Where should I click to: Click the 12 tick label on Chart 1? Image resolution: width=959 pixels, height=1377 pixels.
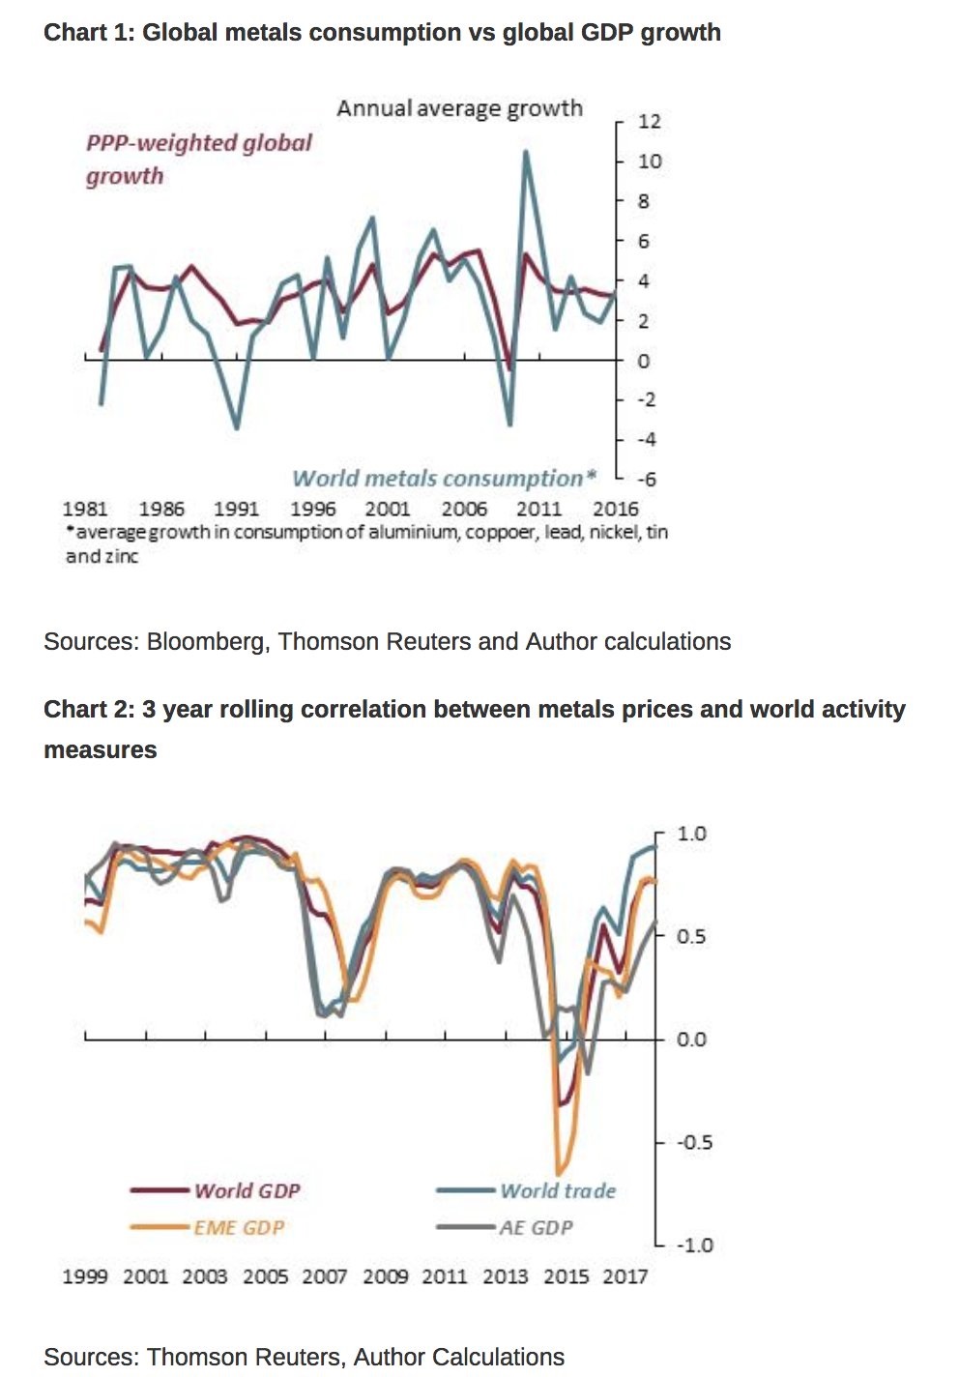point(650,122)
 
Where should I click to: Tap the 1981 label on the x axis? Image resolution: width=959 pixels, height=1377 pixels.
point(85,509)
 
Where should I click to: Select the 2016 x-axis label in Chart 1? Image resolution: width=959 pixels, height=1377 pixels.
point(615,509)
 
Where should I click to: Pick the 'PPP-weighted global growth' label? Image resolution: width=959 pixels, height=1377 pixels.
point(198,159)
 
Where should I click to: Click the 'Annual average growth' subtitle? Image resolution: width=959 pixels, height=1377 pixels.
point(459,108)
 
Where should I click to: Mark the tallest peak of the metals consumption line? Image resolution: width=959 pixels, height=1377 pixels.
point(526,152)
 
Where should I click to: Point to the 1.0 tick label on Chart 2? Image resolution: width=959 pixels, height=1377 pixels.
point(692,834)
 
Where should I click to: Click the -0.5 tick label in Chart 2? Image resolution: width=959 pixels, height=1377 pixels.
point(692,1142)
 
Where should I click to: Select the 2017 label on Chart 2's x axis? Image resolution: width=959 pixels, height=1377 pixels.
point(625,1276)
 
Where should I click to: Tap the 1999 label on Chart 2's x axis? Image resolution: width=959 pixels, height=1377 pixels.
point(85,1276)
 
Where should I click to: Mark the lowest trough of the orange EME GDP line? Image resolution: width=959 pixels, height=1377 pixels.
point(559,1171)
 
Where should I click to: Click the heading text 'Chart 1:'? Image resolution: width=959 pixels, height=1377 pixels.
point(89,32)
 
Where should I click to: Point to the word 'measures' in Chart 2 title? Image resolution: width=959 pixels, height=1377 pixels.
point(100,749)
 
